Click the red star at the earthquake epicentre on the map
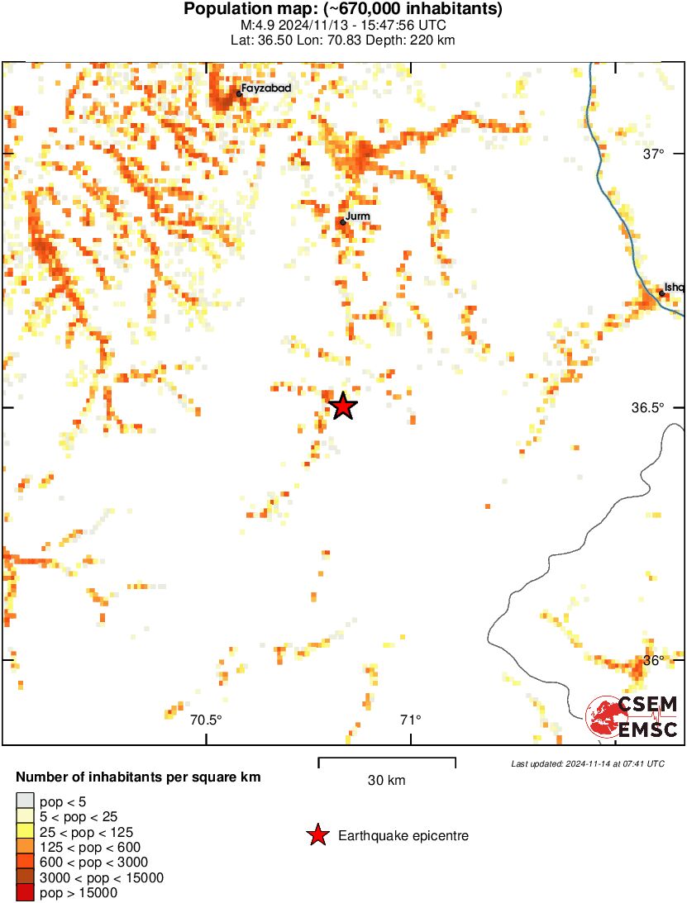coord(342,406)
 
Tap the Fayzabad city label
coord(266,88)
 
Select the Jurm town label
coord(357,216)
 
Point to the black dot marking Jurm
coord(343,221)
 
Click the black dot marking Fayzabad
coord(239,93)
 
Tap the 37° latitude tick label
coord(655,154)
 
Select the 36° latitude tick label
coord(655,661)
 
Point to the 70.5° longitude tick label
coord(206,720)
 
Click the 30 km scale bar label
coord(386,780)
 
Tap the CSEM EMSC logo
coord(632,716)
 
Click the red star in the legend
coord(317,836)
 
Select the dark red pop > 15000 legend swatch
coord(25,892)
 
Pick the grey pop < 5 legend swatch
coord(25,801)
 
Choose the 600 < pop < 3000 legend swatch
coord(25,862)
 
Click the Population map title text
coord(343,10)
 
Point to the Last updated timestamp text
coord(587,763)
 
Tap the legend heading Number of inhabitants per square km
coord(139,777)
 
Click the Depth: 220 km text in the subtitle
coord(418,40)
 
